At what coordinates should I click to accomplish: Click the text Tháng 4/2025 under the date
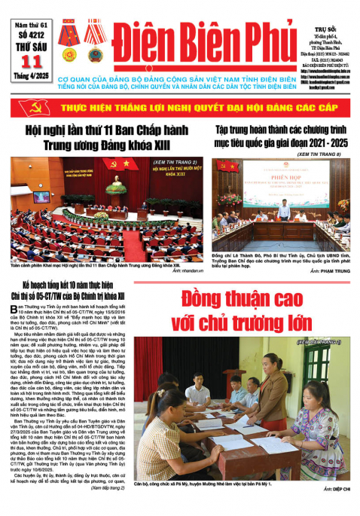tap(29, 85)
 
